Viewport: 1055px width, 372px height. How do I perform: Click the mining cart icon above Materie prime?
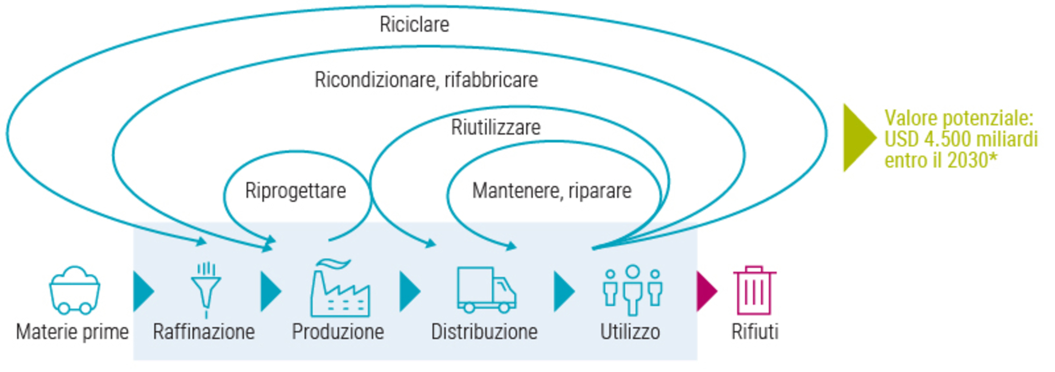click(x=74, y=290)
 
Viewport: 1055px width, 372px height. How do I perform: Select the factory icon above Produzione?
click(x=340, y=288)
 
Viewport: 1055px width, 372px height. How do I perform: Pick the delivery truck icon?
click(x=486, y=290)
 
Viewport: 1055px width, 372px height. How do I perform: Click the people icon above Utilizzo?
click(x=632, y=290)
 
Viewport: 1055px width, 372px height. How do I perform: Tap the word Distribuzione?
click(x=484, y=332)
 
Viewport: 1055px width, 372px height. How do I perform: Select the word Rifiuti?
click(x=755, y=332)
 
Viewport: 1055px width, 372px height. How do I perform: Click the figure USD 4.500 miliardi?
click(x=961, y=139)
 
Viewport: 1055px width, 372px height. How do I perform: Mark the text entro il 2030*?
click(x=941, y=160)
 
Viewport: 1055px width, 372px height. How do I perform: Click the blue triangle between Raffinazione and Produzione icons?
click(x=270, y=291)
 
